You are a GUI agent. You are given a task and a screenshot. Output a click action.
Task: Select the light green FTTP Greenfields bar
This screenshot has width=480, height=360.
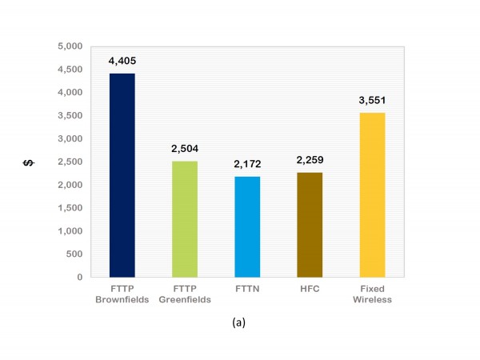click(185, 219)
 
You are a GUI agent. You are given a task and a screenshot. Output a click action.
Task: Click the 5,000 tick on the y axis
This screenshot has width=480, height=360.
click(71, 46)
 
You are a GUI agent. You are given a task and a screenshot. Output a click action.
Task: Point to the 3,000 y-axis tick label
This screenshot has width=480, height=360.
click(71, 138)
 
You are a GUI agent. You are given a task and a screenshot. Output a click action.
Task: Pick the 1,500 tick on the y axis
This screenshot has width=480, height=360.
click(71, 208)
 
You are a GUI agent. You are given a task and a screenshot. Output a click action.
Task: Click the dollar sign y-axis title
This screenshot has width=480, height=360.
click(28, 163)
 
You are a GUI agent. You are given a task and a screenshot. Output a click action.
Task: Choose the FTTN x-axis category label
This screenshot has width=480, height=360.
click(247, 290)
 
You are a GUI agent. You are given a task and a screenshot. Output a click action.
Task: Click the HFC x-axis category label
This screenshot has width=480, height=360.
click(309, 290)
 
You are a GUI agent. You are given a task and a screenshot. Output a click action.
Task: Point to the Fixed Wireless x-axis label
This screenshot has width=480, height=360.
click(371, 294)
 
